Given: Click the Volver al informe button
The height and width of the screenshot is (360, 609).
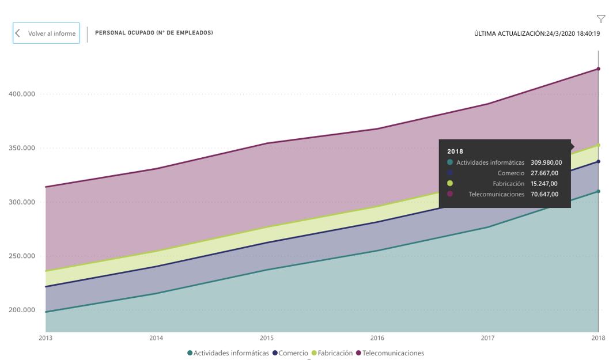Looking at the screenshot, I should pyautogui.click(x=46, y=33).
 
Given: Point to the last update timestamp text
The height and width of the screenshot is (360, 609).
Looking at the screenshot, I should pyautogui.click(x=536, y=33).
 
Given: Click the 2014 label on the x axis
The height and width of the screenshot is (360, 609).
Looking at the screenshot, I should pyautogui.click(x=156, y=338).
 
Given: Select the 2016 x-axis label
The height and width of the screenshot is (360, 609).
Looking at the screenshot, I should pyautogui.click(x=377, y=338).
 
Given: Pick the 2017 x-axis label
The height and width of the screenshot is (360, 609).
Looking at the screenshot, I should pyautogui.click(x=488, y=338).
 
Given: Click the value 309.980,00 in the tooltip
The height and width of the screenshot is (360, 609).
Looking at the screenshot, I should pyautogui.click(x=544, y=162).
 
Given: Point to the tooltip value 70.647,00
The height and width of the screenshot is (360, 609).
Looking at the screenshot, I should pyautogui.click(x=544, y=194).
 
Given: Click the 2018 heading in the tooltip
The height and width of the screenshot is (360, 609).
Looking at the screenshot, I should pyautogui.click(x=455, y=151).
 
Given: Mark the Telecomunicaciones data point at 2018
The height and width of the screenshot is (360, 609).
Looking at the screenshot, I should pyautogui.click(x=599, y=69).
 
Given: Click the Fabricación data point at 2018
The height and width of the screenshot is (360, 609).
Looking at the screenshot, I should pyautogui.click(x=599, y=145).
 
